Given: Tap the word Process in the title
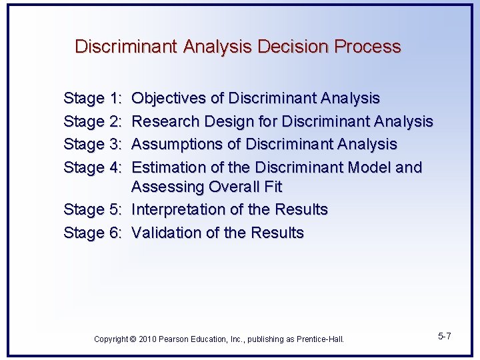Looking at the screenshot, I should coord(367,47).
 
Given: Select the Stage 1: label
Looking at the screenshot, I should coord(93,99).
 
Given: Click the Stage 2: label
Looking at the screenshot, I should coord(93,121).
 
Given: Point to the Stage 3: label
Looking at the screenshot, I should coord(93,144).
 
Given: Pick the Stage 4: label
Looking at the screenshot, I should coord(93,167).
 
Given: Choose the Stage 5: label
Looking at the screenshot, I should coord(93,209).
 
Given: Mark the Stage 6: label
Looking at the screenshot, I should coord(93,233).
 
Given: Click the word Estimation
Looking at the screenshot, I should coord(166,167).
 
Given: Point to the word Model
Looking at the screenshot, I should coord(369,167).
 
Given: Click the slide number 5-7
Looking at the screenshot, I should coord(445,336).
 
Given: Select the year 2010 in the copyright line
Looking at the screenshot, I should coord(147,339).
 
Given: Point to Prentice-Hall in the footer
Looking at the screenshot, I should coord(319,339).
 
